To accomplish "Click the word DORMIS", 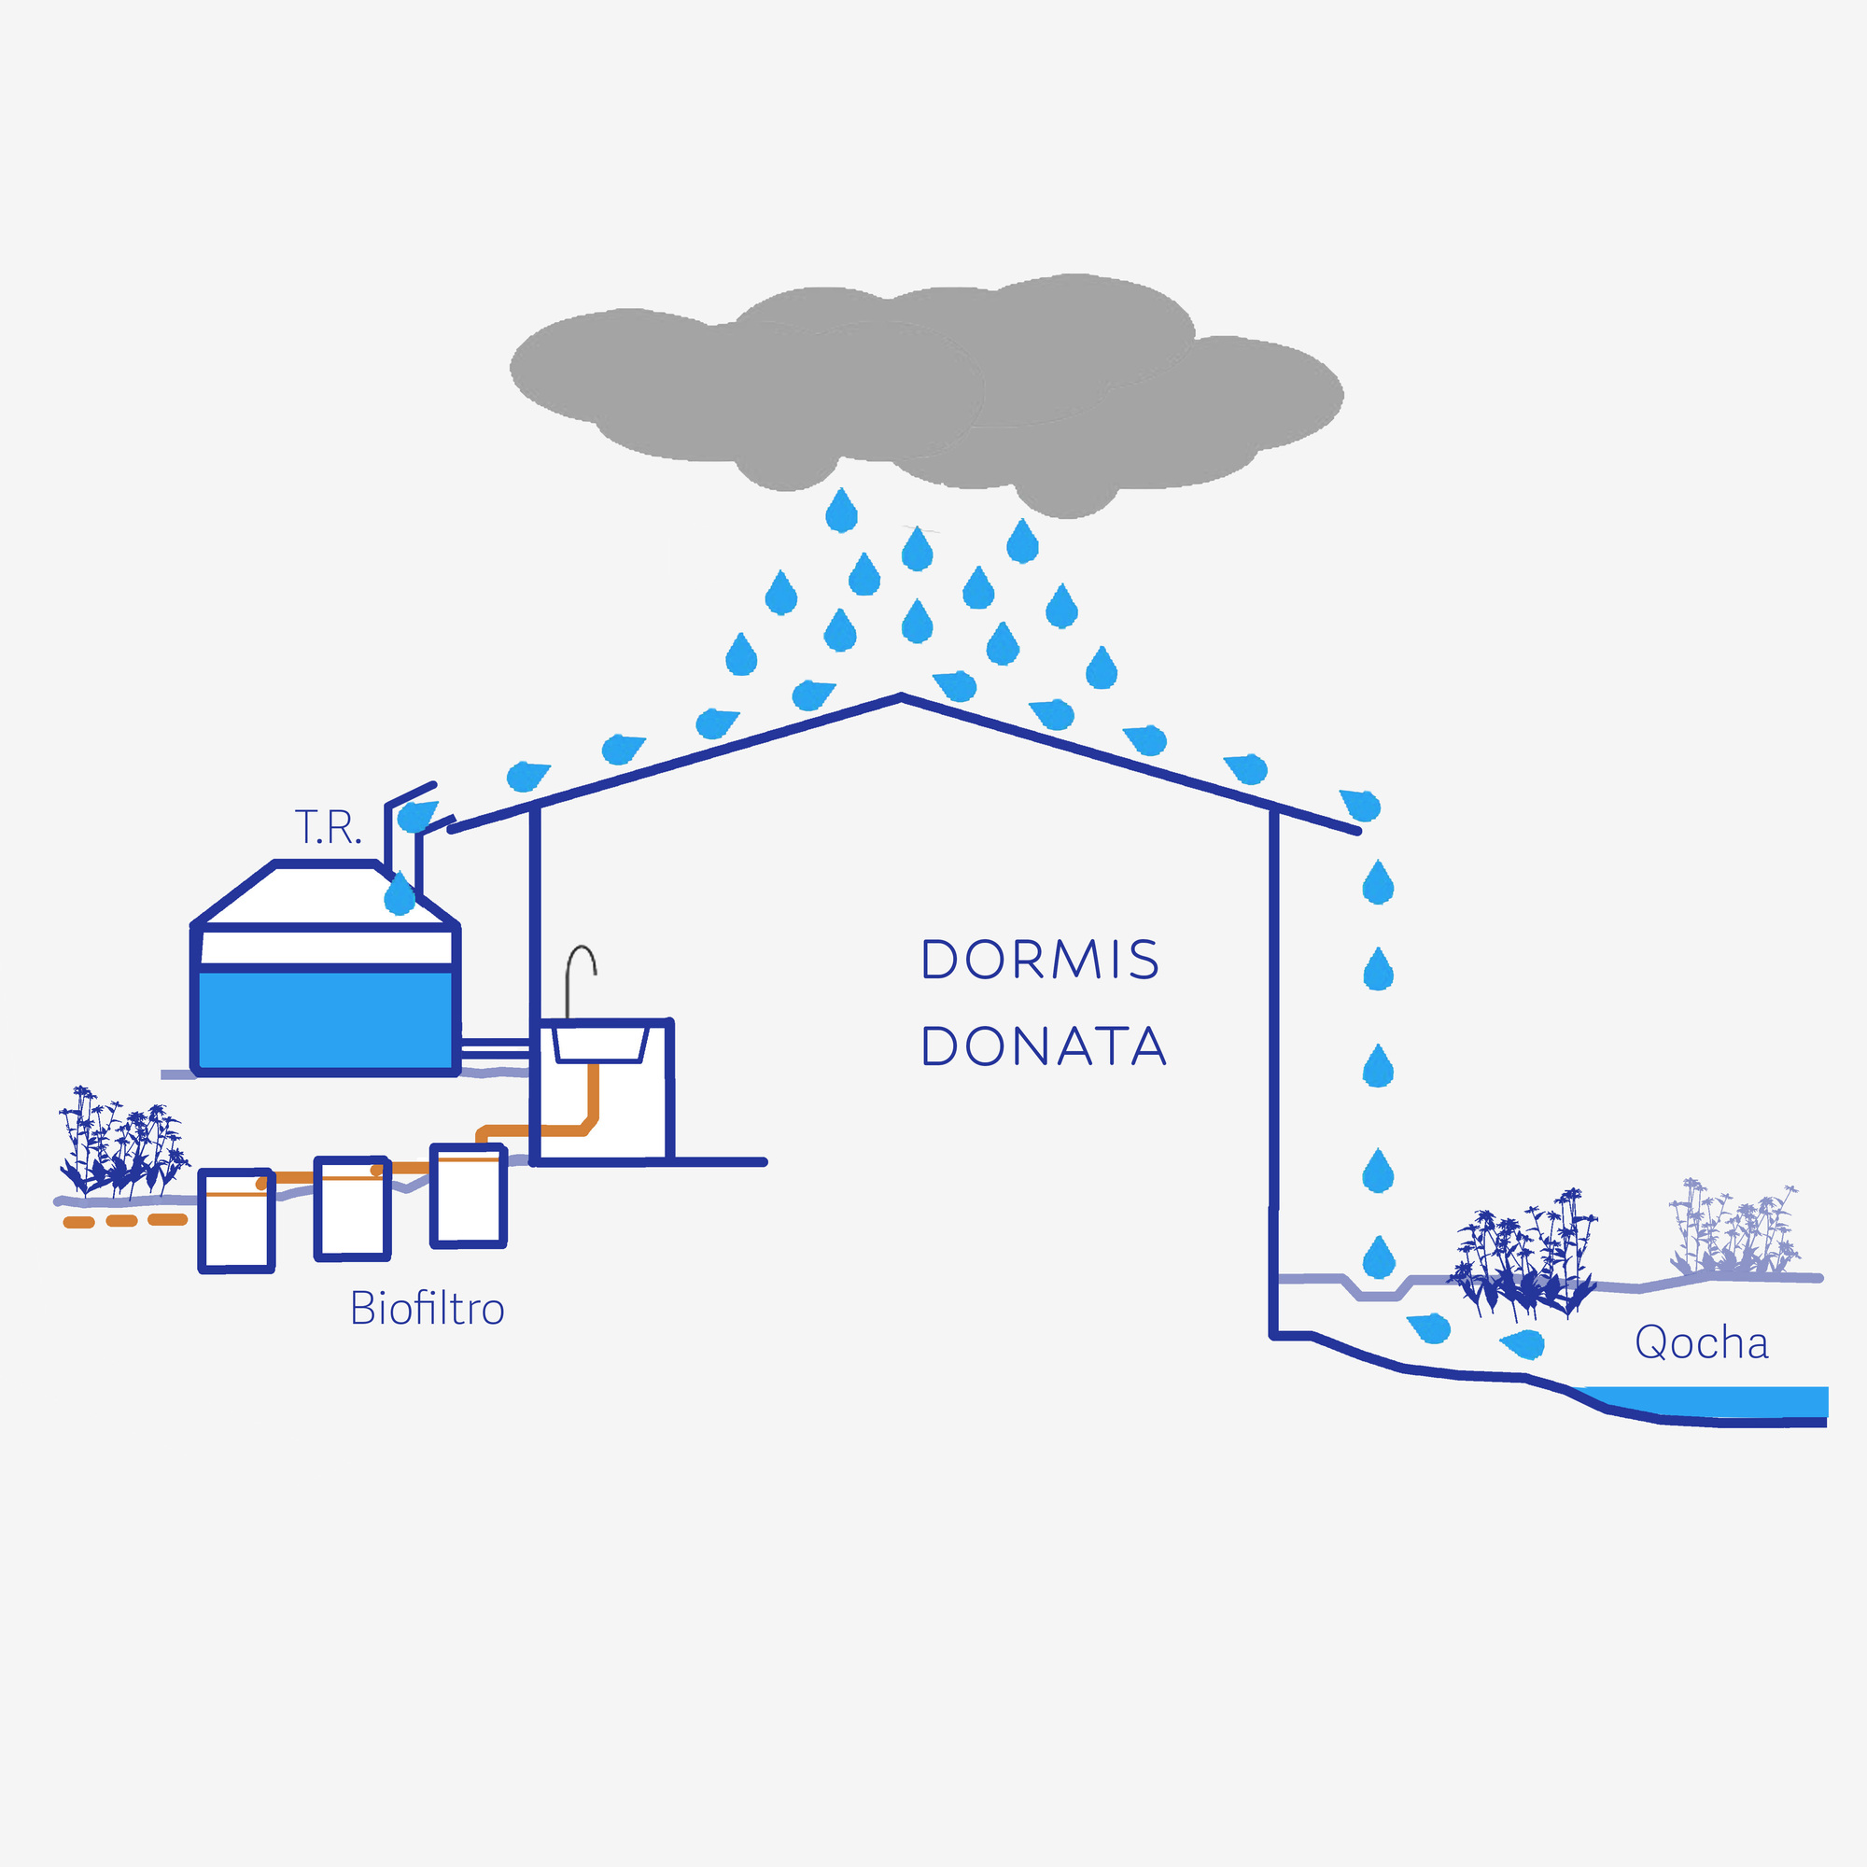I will click(1040, 960).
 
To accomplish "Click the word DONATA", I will click(1043, 1046).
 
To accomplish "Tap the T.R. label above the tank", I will click(328, 828).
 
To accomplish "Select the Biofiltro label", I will click(428, 1310).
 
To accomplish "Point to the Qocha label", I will click(1701, 1343).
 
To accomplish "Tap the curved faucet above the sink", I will click(580, 976).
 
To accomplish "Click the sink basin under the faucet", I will click(599, 1045).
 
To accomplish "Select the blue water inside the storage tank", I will click(324, 1019).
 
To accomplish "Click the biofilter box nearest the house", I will click(469, 1197).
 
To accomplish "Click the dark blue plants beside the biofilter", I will click(120, 1145).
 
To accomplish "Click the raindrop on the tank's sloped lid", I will click(400, 894).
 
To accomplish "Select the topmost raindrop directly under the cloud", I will click(842, 511).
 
